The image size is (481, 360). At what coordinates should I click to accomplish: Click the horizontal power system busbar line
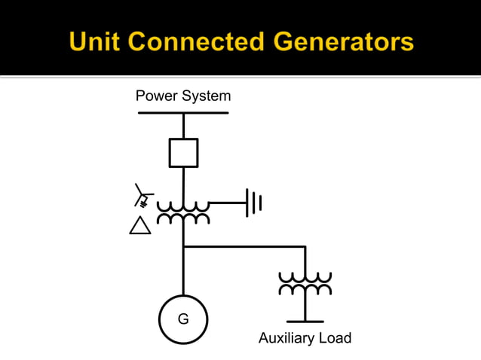(x=183, y=113)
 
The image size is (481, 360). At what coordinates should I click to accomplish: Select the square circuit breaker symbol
(x=183, y=152)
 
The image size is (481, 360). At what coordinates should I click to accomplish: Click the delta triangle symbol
(x=140, y=225)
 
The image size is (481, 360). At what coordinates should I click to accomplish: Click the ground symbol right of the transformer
(x=254, y=203)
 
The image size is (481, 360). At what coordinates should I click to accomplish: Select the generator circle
(x=183, y=319)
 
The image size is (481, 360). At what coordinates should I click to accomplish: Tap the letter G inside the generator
(x=183, y=319)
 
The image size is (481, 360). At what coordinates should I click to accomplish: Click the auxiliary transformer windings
(x=305, y=284)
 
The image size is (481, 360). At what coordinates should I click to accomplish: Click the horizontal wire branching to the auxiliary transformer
(x=245, y=246)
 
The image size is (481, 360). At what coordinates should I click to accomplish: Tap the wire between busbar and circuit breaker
(x=183, y=126)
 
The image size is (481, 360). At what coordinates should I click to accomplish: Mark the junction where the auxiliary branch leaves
(x=183, y=246)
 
